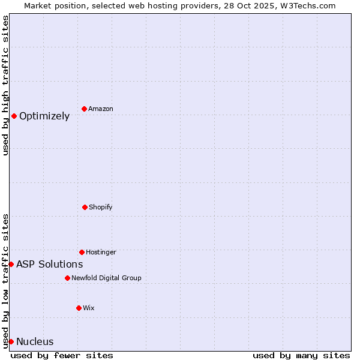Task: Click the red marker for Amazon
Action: click(84, 109)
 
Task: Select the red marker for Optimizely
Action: click(14, 116)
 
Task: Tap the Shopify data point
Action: click(85, 207)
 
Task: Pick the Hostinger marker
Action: click(82, 252)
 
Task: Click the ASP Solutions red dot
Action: click(11, 264)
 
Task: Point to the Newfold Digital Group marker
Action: click(67, 278)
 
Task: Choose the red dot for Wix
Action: click(79, 308)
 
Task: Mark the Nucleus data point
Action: click(11, 341)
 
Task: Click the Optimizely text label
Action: click(44, 116)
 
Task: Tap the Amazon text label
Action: click(101, 109)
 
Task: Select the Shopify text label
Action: click(101, 208)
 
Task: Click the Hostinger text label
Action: click(101, 253)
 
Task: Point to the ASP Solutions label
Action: click(50, 265)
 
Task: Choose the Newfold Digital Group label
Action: click(106, 278)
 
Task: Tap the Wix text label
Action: click(89, 308)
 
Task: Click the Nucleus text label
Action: click(35, 342)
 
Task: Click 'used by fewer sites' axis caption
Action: click(62, 355)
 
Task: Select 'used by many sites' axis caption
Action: click(301, 355)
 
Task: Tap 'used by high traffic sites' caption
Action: click(5, 85)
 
